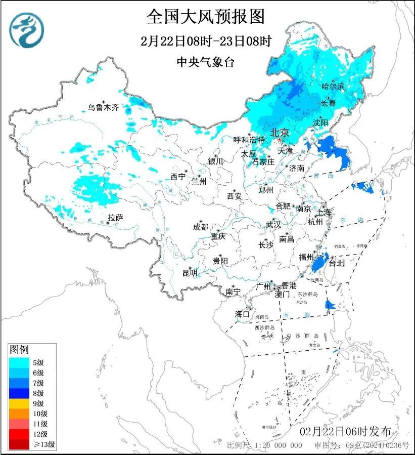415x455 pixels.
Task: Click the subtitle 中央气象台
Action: [206, 62]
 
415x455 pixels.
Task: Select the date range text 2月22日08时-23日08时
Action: [206, 40]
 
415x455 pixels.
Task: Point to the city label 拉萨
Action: [115, 218]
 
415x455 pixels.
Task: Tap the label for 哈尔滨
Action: [333, 87]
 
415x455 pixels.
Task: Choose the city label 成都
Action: [200, 227]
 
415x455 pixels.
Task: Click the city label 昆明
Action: [190, 273]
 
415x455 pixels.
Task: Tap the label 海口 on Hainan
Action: [242, 314]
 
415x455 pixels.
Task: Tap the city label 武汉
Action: [273, 224]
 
